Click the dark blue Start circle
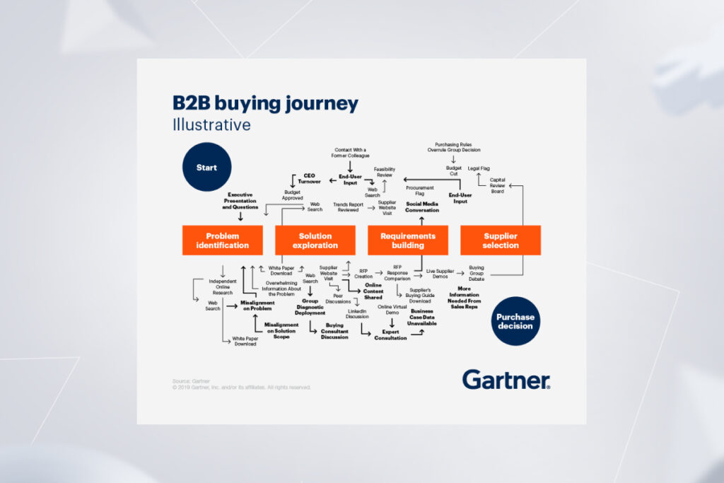pyautogui.click(x=206, y=167)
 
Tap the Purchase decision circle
pyautogui.click(x=516, y=321)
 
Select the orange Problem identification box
pyautogui.click(x=223, y=240)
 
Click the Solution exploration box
pyautogui.click(x=315, y=240)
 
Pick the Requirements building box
pyautogui.click(x=408, y=240)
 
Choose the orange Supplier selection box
pyautogui.click(x=501, y=240)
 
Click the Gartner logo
pyautogui.click(x=506, y=379)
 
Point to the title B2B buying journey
pyautogui.click(x=265, y=103)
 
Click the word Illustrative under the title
pyautogui.click(x=211, y=125)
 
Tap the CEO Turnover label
pyautogui.click(x=309, y=178)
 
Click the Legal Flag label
pyautogui.click(x=479, y=168)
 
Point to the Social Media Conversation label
pyautogui.click(x=422, y=206)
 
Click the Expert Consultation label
pyautogui.click(x=390, y=334)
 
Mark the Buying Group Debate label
pyautogui.click(x=477, y=272)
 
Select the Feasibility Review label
pyautogui.click(x=385, y=172)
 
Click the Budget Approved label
pyautogui.click(x=293, y=195)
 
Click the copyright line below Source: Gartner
pyautogui.click(x=241, y=388)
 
